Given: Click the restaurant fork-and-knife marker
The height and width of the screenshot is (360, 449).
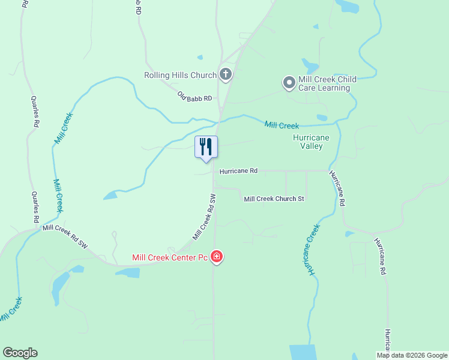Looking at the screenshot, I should [x=206, y=146].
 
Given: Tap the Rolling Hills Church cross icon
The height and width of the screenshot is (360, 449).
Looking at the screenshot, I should [x=226, y=75].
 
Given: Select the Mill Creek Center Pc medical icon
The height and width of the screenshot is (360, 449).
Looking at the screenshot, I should [x=217, y=258].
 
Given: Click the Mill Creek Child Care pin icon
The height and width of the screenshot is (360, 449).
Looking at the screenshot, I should [x=289, y=82].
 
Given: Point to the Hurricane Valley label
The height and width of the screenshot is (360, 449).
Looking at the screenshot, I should [x=311, y=142].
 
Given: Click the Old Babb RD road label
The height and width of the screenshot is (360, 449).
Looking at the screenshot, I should [x=195, y=97].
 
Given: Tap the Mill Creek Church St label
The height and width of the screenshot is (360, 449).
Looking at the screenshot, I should [x=274, y=199].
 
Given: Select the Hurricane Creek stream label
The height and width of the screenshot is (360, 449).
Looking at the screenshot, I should [x=313, y=250].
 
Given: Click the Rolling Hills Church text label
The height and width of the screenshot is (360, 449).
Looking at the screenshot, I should [x=180, y=75].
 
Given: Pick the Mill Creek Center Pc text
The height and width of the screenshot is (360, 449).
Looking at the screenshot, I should [x=170, y=258].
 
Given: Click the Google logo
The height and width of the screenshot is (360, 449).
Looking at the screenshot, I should [x=20, y=353].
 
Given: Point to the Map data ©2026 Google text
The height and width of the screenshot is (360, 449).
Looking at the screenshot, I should [x=412, y=355].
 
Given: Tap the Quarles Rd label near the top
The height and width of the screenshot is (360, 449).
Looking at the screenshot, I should [x=35, y=111].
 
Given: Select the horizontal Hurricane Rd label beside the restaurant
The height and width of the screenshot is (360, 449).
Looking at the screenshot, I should [x=238, y=171].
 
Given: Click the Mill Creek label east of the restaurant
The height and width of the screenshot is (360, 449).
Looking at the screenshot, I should [x=282, y=125].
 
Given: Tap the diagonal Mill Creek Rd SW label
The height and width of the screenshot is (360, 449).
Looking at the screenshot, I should [x=204, y=217].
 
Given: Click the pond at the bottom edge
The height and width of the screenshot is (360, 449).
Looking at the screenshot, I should [x=303, y=352].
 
